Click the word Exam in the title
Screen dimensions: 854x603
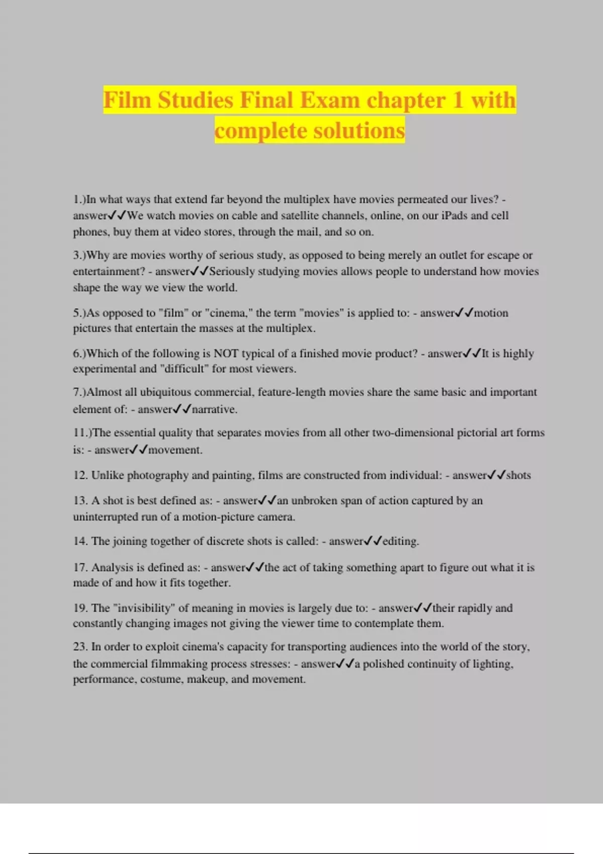click(330, 100)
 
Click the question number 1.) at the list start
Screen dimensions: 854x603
click(79, 199)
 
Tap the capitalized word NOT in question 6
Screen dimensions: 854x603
click(226, 354)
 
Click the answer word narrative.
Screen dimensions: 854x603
click(215, 409)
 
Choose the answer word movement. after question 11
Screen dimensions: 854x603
click(175, 450)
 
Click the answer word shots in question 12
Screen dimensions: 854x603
click(518, 475)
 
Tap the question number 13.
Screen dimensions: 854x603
click(80, 500)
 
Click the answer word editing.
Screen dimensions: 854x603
click(400, 541)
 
